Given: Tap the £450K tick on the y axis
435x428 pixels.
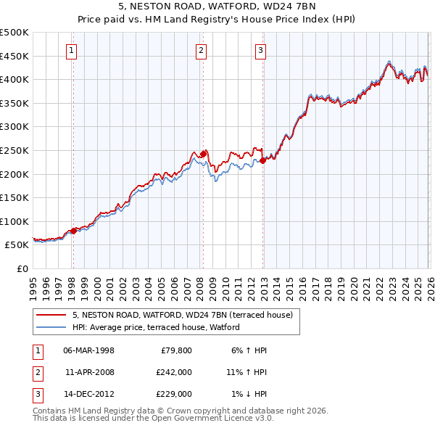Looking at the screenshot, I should pyautogui.click(x=14, y=56).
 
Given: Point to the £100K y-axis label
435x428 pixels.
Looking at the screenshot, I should pyautogui.click(x=14, y=221).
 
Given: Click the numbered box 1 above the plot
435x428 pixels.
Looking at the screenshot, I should pyautogui.click(x=72, y=51).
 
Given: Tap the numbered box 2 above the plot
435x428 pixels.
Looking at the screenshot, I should pyautogui.click(x=201, y=51).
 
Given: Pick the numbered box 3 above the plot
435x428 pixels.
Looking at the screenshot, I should pyautogui.click(x=260, y=51).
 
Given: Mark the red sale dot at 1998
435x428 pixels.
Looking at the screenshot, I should pyautogui.click(x=73, y=231).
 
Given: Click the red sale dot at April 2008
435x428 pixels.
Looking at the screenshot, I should pyautogui.click(x=203, y=154).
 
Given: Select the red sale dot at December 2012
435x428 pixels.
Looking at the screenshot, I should pyautogui.click(x=262, y=160).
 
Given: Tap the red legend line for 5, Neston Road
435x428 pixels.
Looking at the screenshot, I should pyautogui.click(x=51, y=315).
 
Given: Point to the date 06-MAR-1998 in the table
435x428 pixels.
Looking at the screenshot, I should pyautogui.click(x=88, y=350).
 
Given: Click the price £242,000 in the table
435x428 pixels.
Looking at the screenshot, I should pyautogui.click(x=173, y=372).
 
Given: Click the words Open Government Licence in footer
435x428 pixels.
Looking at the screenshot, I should pyautogui.click(x=217, y=418).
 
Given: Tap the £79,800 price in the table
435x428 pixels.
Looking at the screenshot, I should pyautogui.click(x=176, y=350).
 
